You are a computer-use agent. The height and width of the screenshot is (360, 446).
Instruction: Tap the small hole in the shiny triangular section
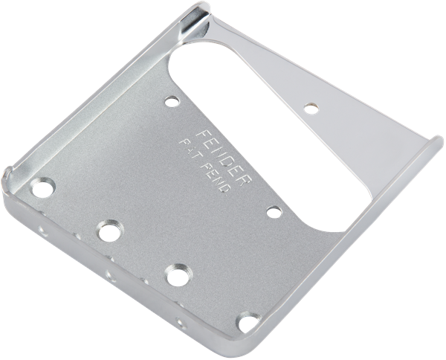click(311, 109)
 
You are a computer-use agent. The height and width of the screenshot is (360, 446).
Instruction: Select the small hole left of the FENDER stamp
click(172, 98)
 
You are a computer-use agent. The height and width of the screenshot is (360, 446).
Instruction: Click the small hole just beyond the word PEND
click(274, 213)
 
